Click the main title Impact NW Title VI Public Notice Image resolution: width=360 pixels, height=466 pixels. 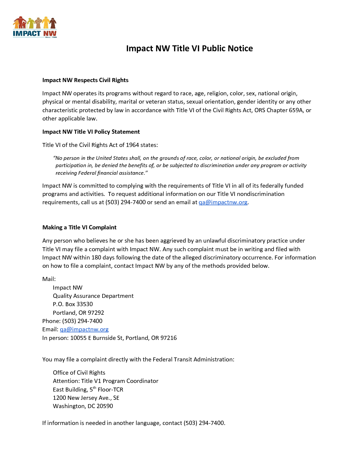click(x=189, y=49)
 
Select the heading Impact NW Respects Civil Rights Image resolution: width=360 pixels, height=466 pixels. click(x=85, y=80)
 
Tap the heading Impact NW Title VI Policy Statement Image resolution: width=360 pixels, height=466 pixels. click(x=91, y=132)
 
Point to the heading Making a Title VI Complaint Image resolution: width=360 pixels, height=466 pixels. click(x=79, y=228)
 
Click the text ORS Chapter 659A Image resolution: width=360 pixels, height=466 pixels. click(x=279, y=111)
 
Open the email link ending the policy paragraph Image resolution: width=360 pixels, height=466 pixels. click(x=223, y=203)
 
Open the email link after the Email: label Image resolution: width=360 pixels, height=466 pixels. click(x=84, y=330)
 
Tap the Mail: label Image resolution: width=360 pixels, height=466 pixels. click(x=49, y=279)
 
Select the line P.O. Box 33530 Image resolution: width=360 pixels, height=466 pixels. click(x=73, y=304)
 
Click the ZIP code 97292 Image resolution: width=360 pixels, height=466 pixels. click(x=96, y=313)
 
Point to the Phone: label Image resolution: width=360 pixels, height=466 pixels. click(x=51, y=321)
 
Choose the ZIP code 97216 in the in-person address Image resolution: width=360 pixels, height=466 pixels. click(x=168, y=338)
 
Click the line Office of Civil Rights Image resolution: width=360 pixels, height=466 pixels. click(x=79, y=373)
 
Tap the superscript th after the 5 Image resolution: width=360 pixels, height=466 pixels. click(x=95, y=388)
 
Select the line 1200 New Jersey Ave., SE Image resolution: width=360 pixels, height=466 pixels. click(x=86, y=398)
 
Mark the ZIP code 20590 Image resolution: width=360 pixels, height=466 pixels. click(x=105, y=406)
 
